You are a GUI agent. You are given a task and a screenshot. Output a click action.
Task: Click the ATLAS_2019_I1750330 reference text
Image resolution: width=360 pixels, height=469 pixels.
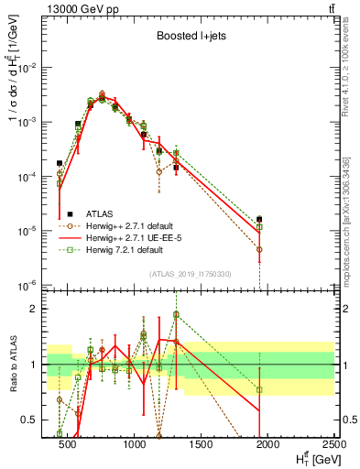(x=189, y=274)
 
